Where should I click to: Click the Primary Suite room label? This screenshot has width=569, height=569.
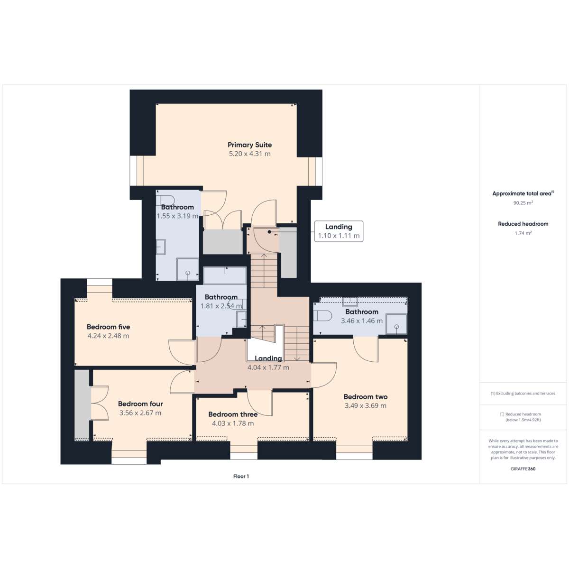[x=249, y=145]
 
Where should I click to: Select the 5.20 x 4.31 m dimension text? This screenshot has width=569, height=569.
[x=249, y=154]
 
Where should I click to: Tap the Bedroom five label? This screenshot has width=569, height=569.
[x=109, y=327]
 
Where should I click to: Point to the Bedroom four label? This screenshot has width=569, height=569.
[x=140, y=404]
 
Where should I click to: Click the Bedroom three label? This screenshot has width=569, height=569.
[x=233, y=414]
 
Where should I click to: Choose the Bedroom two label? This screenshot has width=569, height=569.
[x=366, y=396]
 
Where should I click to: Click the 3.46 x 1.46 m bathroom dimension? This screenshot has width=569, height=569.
[x=362, y=321]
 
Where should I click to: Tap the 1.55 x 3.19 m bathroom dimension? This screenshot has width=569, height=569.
[x=177, y=216]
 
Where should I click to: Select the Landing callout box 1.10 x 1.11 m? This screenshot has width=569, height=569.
[x=339, y=231]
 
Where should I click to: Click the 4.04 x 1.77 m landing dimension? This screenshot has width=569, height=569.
[x=268, y=367]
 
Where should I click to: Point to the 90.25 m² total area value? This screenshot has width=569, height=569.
[x=523, y=203]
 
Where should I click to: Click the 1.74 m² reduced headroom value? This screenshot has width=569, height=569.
[x=523, y=233]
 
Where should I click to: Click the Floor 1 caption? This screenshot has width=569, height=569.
[x=241, y=476]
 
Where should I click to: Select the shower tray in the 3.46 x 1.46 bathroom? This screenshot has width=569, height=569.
[x=396, y=324]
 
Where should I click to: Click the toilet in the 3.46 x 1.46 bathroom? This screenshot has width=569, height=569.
[x=321, y=316]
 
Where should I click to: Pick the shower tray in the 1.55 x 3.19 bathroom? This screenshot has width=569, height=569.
[x=187, y=269]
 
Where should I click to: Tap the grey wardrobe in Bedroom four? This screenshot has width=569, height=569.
[x=82, y=405]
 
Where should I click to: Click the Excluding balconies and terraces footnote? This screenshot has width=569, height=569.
[x=523, y=393]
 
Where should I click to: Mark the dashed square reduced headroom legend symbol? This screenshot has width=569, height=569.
[x=502, y=414]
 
